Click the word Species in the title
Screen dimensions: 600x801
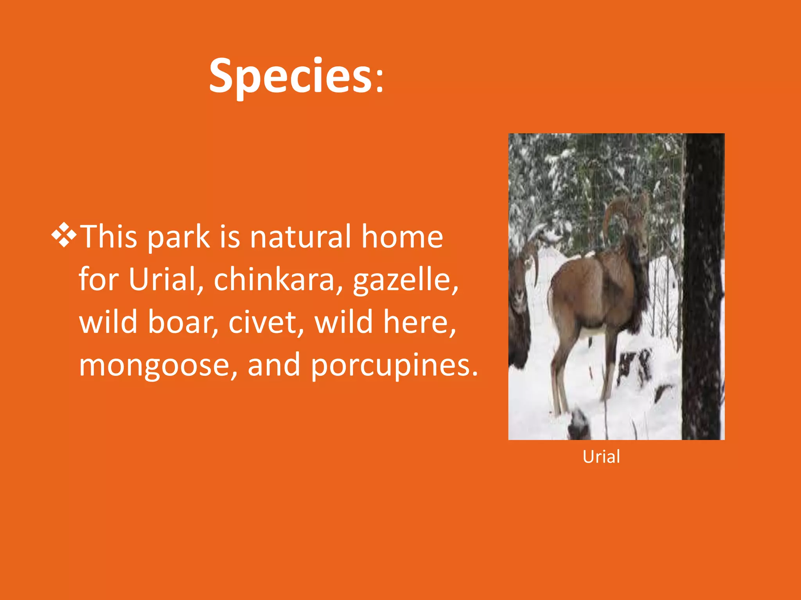[290, 76]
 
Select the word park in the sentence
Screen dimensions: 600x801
[178, 237]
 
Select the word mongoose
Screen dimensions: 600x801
[154, 366]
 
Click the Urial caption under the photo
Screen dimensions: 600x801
[601, 457]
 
